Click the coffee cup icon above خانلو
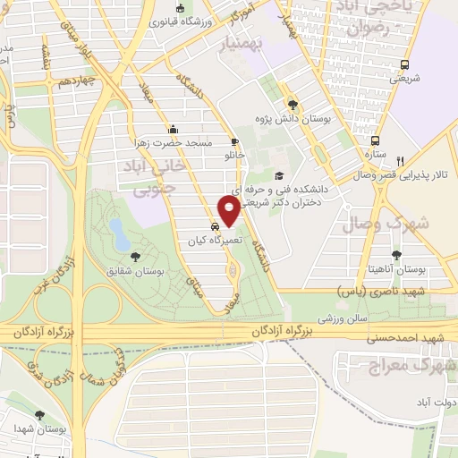click(235, 140)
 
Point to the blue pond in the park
click(117, 233)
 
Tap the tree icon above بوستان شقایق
click(135, 257)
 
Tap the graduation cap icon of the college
click(279, 176)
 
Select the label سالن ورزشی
click(343, 318)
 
